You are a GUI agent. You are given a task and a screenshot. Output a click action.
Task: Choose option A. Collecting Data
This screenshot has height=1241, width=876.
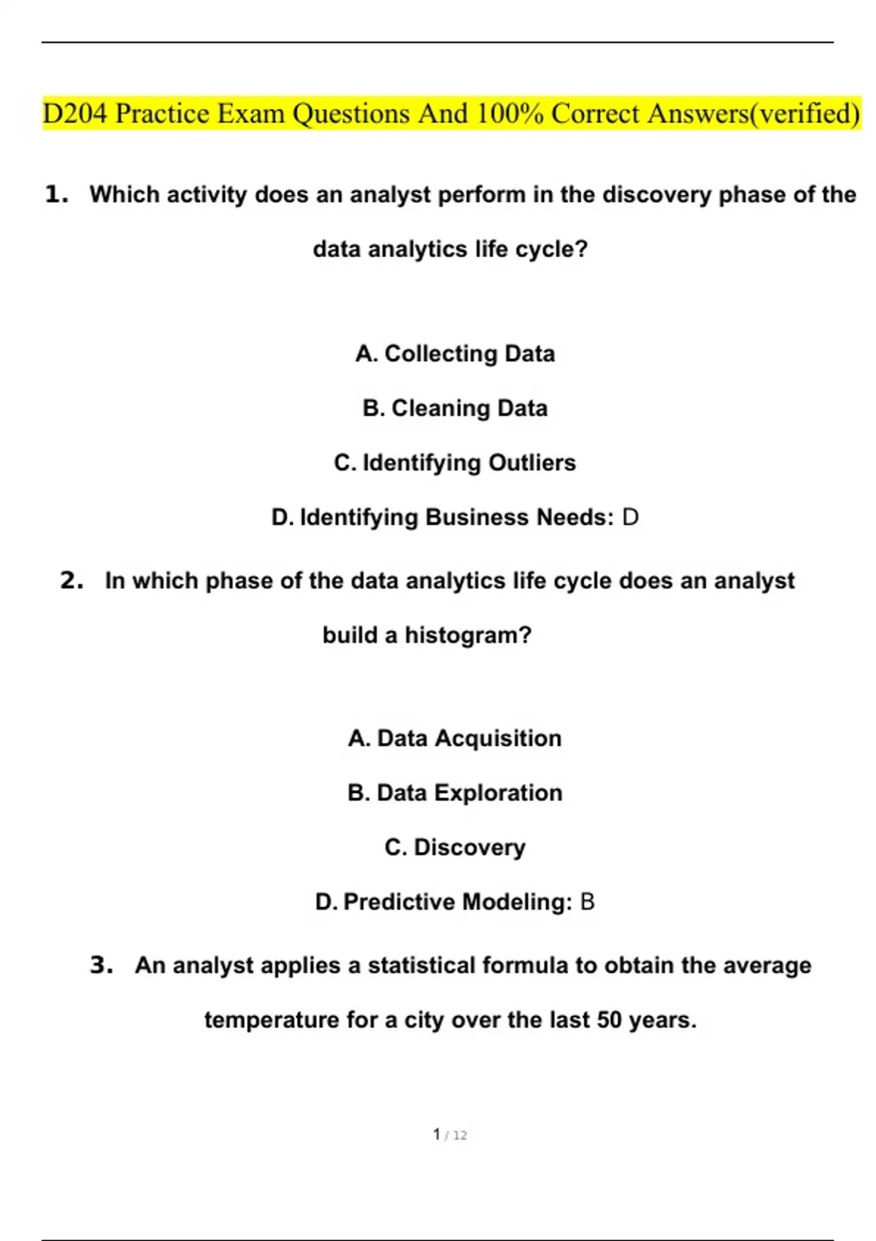(x=455, y=354)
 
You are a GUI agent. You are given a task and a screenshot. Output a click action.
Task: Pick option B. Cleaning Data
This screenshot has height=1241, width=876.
(x=455, y=408)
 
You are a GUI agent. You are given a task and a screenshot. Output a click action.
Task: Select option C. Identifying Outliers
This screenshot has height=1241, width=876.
(x=455, y=463)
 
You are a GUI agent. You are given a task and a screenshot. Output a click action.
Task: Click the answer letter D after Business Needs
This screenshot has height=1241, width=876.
(x=630, y=518)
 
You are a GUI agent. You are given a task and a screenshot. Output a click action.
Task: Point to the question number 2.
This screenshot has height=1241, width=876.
(x=72, y=581)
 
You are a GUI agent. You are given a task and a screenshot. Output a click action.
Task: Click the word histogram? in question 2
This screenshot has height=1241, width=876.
(x=468, y=636)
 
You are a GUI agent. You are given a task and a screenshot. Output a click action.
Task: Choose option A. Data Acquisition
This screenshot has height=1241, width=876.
(x=455, y=739)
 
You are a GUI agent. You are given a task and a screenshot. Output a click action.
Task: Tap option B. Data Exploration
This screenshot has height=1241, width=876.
(x=455, y=794)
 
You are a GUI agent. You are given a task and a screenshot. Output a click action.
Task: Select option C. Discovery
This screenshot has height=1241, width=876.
(x=455, y=848)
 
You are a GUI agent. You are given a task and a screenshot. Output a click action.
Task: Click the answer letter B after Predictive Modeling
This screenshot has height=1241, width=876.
(x=588, y=902)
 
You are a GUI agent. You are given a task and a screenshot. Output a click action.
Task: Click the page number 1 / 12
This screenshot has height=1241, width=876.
(x=450, y=1135)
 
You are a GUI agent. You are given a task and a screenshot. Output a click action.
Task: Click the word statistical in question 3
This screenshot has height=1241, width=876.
(x=421, y=966)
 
